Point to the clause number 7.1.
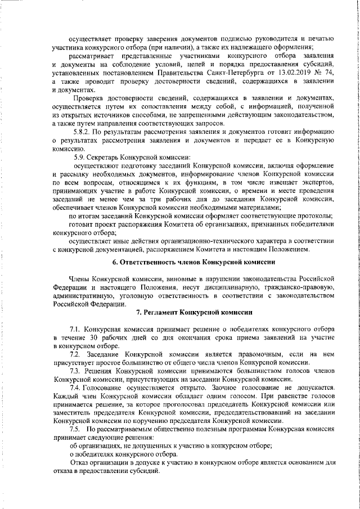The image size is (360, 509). point(76,328)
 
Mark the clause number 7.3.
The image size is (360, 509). point(76,372)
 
